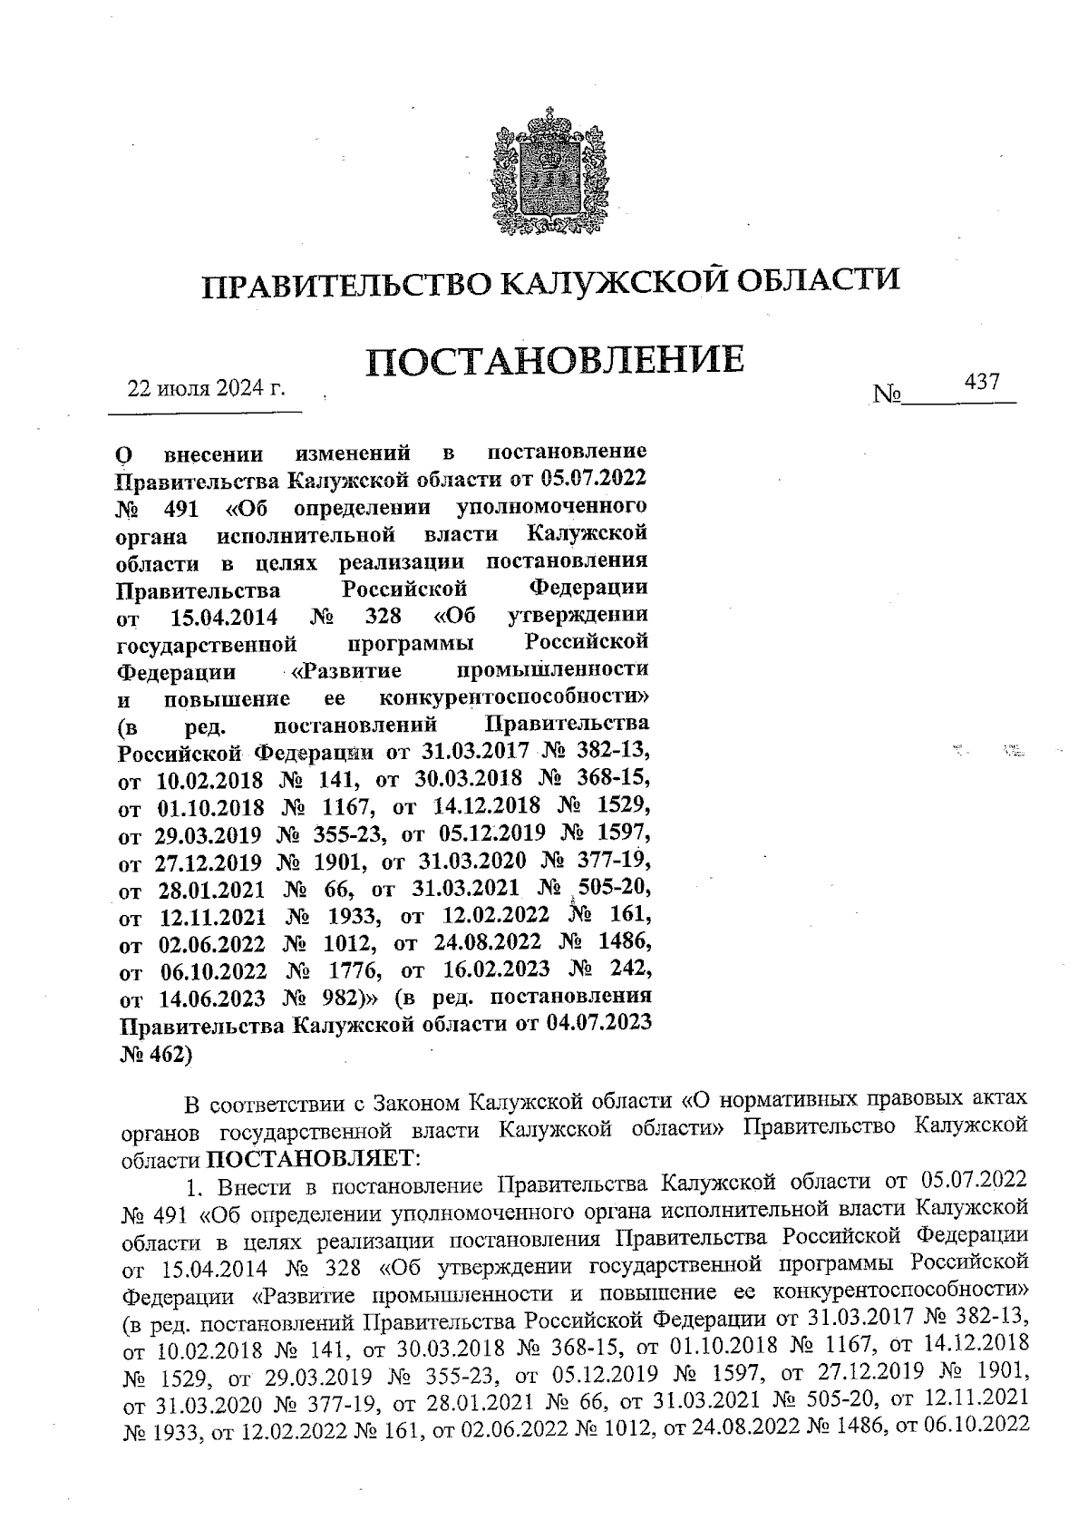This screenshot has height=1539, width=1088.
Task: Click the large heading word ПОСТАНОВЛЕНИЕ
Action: point(555,361)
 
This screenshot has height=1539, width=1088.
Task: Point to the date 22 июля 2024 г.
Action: point(206,389)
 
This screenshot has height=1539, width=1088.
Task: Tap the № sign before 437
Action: point(886,395)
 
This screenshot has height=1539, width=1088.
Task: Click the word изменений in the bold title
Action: point(354,453)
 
